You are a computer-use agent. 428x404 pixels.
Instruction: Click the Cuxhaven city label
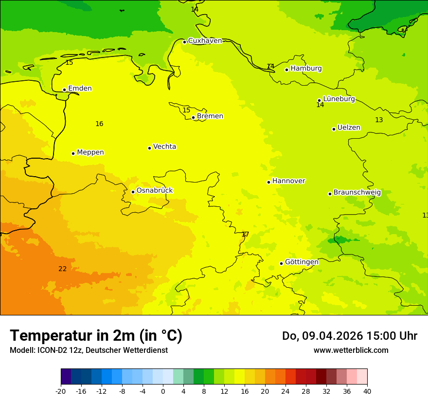click(205, 41)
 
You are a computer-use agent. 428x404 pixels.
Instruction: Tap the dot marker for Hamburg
click(287, 70)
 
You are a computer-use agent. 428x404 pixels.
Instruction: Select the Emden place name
click(80, 89)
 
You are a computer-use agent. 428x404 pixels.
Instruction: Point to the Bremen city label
click(210, 116)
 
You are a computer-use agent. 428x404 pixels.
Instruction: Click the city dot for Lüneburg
click(320, 101)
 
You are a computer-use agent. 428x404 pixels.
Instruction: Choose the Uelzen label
click(349, 128)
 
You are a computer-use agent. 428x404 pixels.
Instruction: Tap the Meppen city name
click(90, 152)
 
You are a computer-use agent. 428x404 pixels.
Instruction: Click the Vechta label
click(164, 147)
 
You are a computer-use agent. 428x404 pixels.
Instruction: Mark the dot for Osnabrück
click(133, 192)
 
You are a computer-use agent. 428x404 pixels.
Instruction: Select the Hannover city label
click(288, 181)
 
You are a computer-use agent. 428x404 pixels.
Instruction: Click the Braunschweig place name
click(357, 193)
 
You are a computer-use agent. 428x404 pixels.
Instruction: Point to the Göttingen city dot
click(281, 263)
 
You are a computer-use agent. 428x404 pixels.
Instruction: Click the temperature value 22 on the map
click(63, 269)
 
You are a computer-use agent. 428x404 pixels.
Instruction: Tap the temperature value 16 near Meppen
click(99, 124)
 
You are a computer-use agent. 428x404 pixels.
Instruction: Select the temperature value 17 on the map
click(245, 235)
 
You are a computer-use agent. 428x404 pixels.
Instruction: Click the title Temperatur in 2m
click(96, 336)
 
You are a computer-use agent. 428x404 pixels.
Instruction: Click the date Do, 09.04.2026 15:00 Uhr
click(349, 336)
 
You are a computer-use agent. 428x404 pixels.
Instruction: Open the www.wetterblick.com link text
click(351, 350)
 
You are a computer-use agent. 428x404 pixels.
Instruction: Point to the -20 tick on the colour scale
click(61, 391)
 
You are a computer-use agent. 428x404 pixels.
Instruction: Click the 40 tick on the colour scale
click(367, 391)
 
